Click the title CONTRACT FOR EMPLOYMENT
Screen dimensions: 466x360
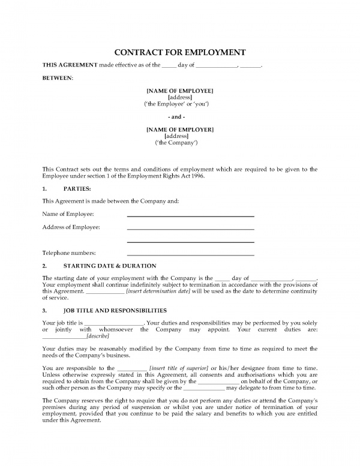tap(180, 52)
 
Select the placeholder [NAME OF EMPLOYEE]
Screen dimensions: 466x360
tap(180, 90)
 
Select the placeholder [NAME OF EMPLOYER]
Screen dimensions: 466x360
tap(180, 130)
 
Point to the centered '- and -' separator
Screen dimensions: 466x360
tap(180, 116)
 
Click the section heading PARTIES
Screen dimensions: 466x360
tap(79, 188)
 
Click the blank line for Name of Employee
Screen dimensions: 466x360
tap(190, 216)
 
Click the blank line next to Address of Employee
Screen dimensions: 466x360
tap(190, 229)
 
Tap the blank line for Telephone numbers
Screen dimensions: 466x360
tap(190, 254)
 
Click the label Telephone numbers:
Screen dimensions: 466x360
tap(69, 253)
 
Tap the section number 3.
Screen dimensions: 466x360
tap(44, 311)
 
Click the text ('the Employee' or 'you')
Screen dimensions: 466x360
tap(180, 103)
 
